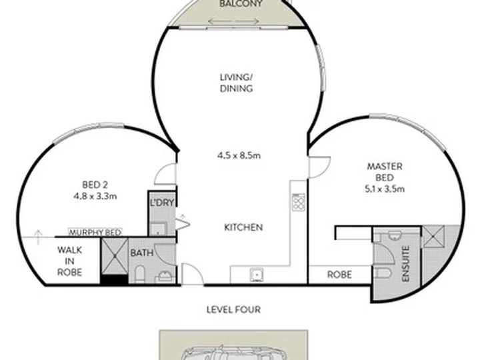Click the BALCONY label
pos(241,4)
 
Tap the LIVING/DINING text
pos(236,83)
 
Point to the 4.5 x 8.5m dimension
pos(239,155)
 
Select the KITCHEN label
pos(243,227)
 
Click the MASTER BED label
pos(385,172)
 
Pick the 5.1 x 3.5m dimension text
pos(385,189)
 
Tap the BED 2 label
pos(95,185)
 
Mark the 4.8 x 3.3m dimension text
pos(95,196)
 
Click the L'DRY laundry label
pos(162,203)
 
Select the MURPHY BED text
pos(95,233)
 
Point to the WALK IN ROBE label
pos(70,261)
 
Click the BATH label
pos(142,253)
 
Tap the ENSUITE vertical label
pos(405,264)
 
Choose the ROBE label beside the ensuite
pos(339,275)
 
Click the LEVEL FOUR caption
pos(233,309)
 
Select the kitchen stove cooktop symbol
pos(299,202)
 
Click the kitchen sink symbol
pos(257,275)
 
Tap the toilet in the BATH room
pos(139,274)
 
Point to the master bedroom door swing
pos(319,167)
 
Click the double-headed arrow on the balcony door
pos(233,21)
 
